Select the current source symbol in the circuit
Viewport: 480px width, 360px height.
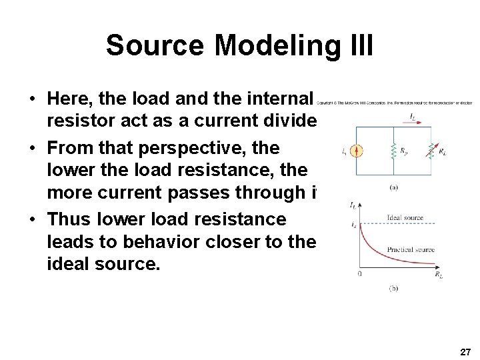[359, 150]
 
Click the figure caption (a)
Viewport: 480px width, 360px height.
[394, 189]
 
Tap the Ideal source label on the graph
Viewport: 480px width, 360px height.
[405, 218]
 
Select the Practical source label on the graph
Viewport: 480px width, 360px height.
[411, 250]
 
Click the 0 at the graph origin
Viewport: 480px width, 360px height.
[359, 273]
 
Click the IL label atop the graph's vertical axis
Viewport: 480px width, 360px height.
[353, 204]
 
